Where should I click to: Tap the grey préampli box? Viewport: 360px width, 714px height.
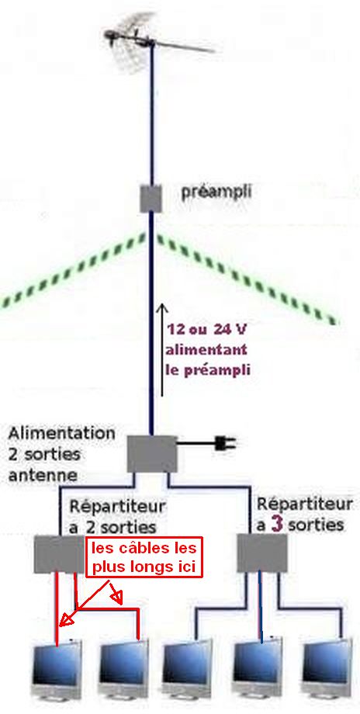151,199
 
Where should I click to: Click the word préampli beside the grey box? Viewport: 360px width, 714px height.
216,192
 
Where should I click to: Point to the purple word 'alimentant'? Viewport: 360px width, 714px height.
206,350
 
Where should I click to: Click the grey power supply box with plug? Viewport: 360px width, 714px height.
151,454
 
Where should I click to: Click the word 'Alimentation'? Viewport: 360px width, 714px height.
61,432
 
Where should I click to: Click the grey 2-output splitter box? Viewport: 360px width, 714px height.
60,554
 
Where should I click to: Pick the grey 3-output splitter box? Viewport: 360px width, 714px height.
262,553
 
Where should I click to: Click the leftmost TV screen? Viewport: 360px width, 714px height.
57,673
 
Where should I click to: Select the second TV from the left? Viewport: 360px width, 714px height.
123,671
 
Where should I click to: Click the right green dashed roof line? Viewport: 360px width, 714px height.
247,279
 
